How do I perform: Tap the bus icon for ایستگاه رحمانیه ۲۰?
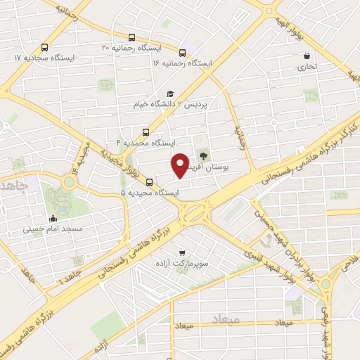point(131,37)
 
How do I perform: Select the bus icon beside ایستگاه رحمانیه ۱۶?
point(183,52)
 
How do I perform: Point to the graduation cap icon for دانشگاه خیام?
point(169,94)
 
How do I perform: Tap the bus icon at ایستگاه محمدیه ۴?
point(146,131)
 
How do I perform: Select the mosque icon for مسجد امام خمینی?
point(53,218)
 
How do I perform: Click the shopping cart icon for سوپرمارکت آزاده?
point(183,252)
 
